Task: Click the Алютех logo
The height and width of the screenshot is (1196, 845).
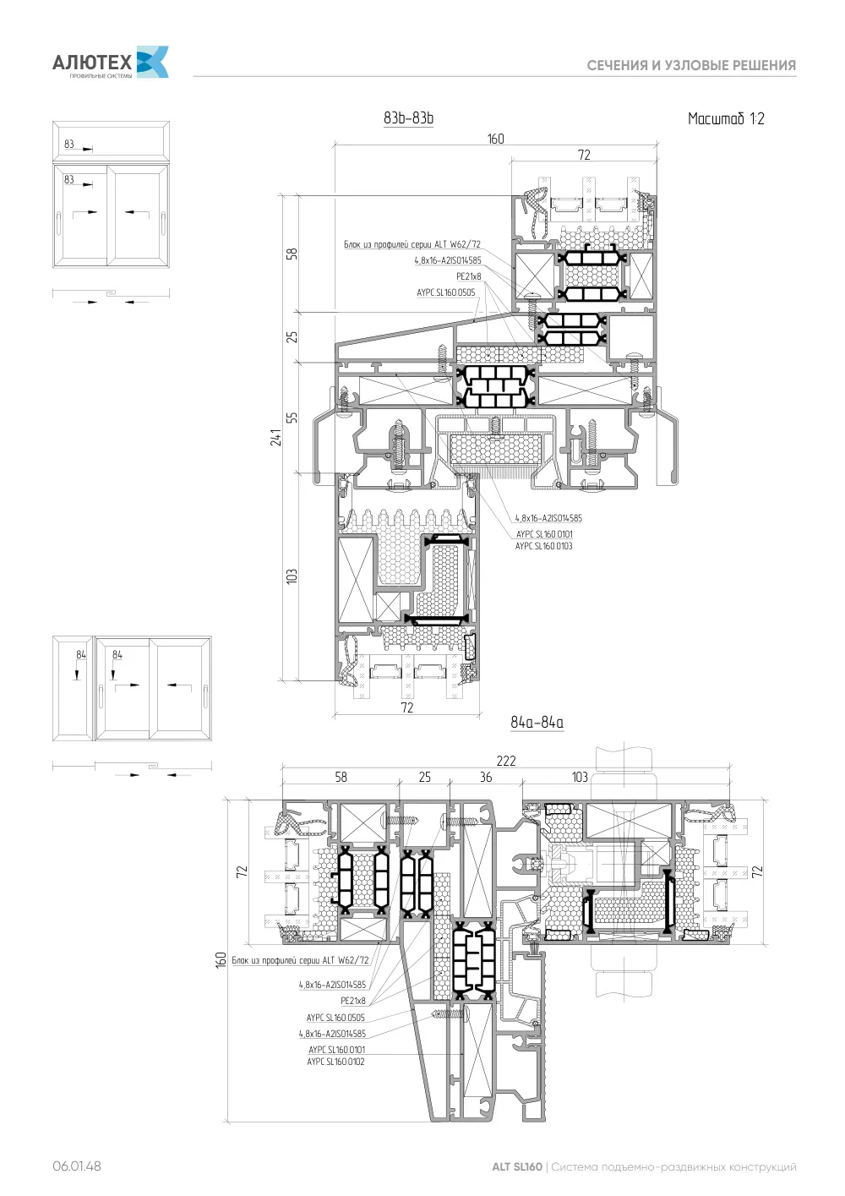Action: [111, 63]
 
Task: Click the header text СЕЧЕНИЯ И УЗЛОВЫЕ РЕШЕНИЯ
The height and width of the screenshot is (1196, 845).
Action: [691, 66]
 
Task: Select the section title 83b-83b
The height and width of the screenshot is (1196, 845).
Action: [408, 118]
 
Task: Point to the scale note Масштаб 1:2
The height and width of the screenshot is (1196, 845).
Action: [726, 118]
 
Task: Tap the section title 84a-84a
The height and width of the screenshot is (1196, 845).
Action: [537, 723]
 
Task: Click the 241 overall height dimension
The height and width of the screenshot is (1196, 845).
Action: [276, 437]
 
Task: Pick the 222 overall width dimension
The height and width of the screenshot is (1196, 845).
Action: [506, 761]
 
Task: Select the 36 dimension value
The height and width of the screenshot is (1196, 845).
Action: [486, 778]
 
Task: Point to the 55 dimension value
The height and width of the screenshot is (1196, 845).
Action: [292, 418]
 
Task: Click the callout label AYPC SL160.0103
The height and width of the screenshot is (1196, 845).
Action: [543, 546]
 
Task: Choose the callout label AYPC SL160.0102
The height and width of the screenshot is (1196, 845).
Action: [335, 1062]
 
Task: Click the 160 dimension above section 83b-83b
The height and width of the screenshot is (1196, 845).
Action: [495, 139]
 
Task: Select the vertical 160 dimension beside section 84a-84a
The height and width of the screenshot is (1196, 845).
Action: [221, 960]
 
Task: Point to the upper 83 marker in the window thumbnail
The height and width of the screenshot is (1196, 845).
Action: [68, 145]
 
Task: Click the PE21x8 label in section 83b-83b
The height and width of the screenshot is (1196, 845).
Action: [469, 276]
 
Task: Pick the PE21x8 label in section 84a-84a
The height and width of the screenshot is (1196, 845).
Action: [353, 1001]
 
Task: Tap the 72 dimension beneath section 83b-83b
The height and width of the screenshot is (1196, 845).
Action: [406, 708]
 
